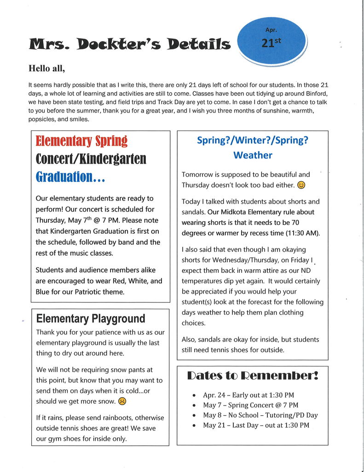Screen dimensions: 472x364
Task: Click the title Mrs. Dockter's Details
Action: (129, 44)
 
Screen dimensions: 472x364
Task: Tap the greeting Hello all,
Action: (47, 69)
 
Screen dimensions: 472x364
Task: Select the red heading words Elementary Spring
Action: (81, 141)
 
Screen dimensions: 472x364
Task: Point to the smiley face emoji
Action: (301, 185)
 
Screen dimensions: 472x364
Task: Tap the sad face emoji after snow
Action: (122, 401)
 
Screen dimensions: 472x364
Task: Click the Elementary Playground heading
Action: (90, 319)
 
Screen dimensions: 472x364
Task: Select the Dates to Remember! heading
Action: (252, 376)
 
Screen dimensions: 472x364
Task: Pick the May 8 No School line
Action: (260, 415)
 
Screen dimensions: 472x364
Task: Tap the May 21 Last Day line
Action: (256, 425)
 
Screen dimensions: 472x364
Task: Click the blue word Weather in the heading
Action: (253, 155)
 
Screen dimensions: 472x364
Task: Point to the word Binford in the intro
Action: (315, 94)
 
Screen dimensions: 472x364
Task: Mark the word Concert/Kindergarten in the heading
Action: (91, 159)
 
